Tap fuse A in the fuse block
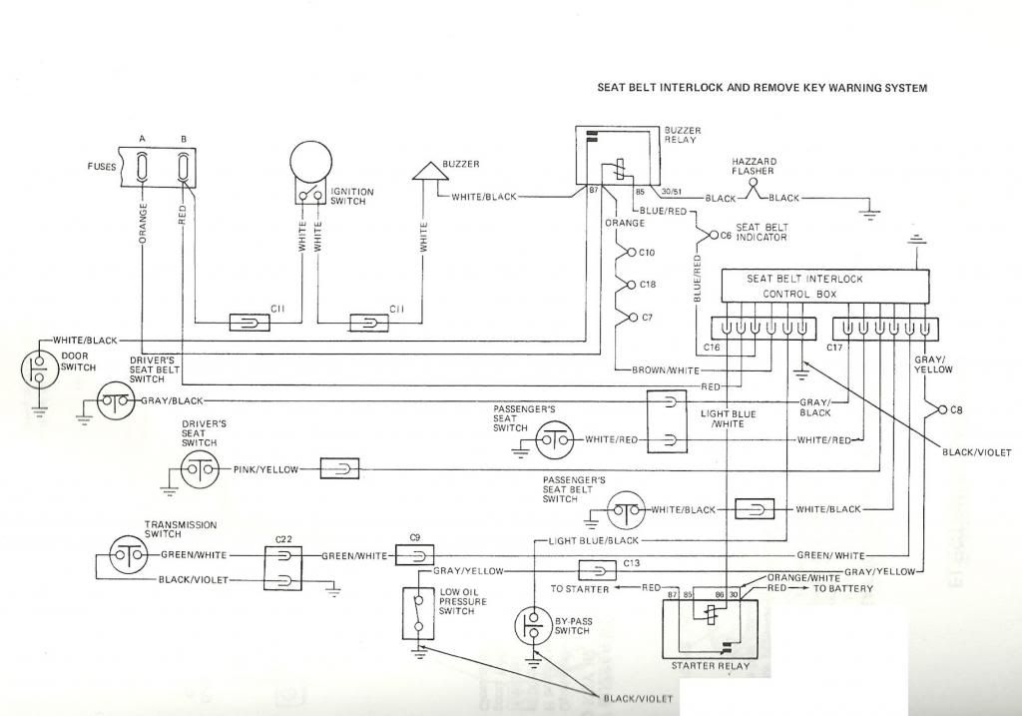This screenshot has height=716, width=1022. (144, 167)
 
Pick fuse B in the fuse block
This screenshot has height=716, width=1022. (184, 167)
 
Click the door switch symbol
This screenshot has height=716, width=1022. (39, 367)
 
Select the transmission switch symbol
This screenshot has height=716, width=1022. (128, 554)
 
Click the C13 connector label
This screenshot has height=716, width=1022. (631, 563)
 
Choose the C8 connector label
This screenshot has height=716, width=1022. (956, 409)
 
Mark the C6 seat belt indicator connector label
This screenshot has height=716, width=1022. (727, 236)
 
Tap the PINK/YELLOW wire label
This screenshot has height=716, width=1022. (265, 468)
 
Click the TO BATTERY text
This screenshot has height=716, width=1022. (844, 589)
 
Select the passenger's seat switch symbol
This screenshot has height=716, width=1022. (556, 439)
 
